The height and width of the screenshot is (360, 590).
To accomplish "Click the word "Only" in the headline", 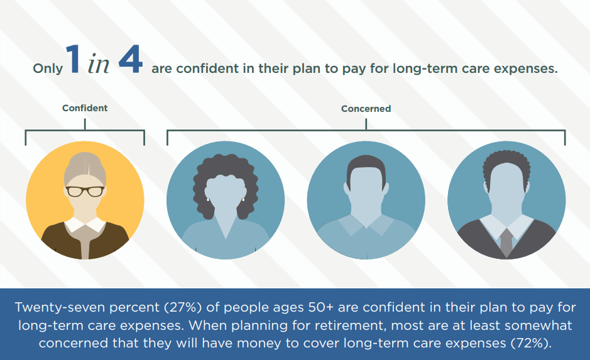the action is coord(48,68).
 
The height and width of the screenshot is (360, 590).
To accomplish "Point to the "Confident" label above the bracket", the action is coord(85,108).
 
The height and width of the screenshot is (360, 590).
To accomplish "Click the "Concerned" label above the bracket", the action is coord(366,108).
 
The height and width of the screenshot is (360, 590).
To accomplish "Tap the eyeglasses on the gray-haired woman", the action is coord(85,191).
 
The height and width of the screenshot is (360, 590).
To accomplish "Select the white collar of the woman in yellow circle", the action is coord(85,224).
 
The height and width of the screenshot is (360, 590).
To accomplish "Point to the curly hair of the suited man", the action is coord(506,163).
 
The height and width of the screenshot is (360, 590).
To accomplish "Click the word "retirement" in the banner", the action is coord(351,325).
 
